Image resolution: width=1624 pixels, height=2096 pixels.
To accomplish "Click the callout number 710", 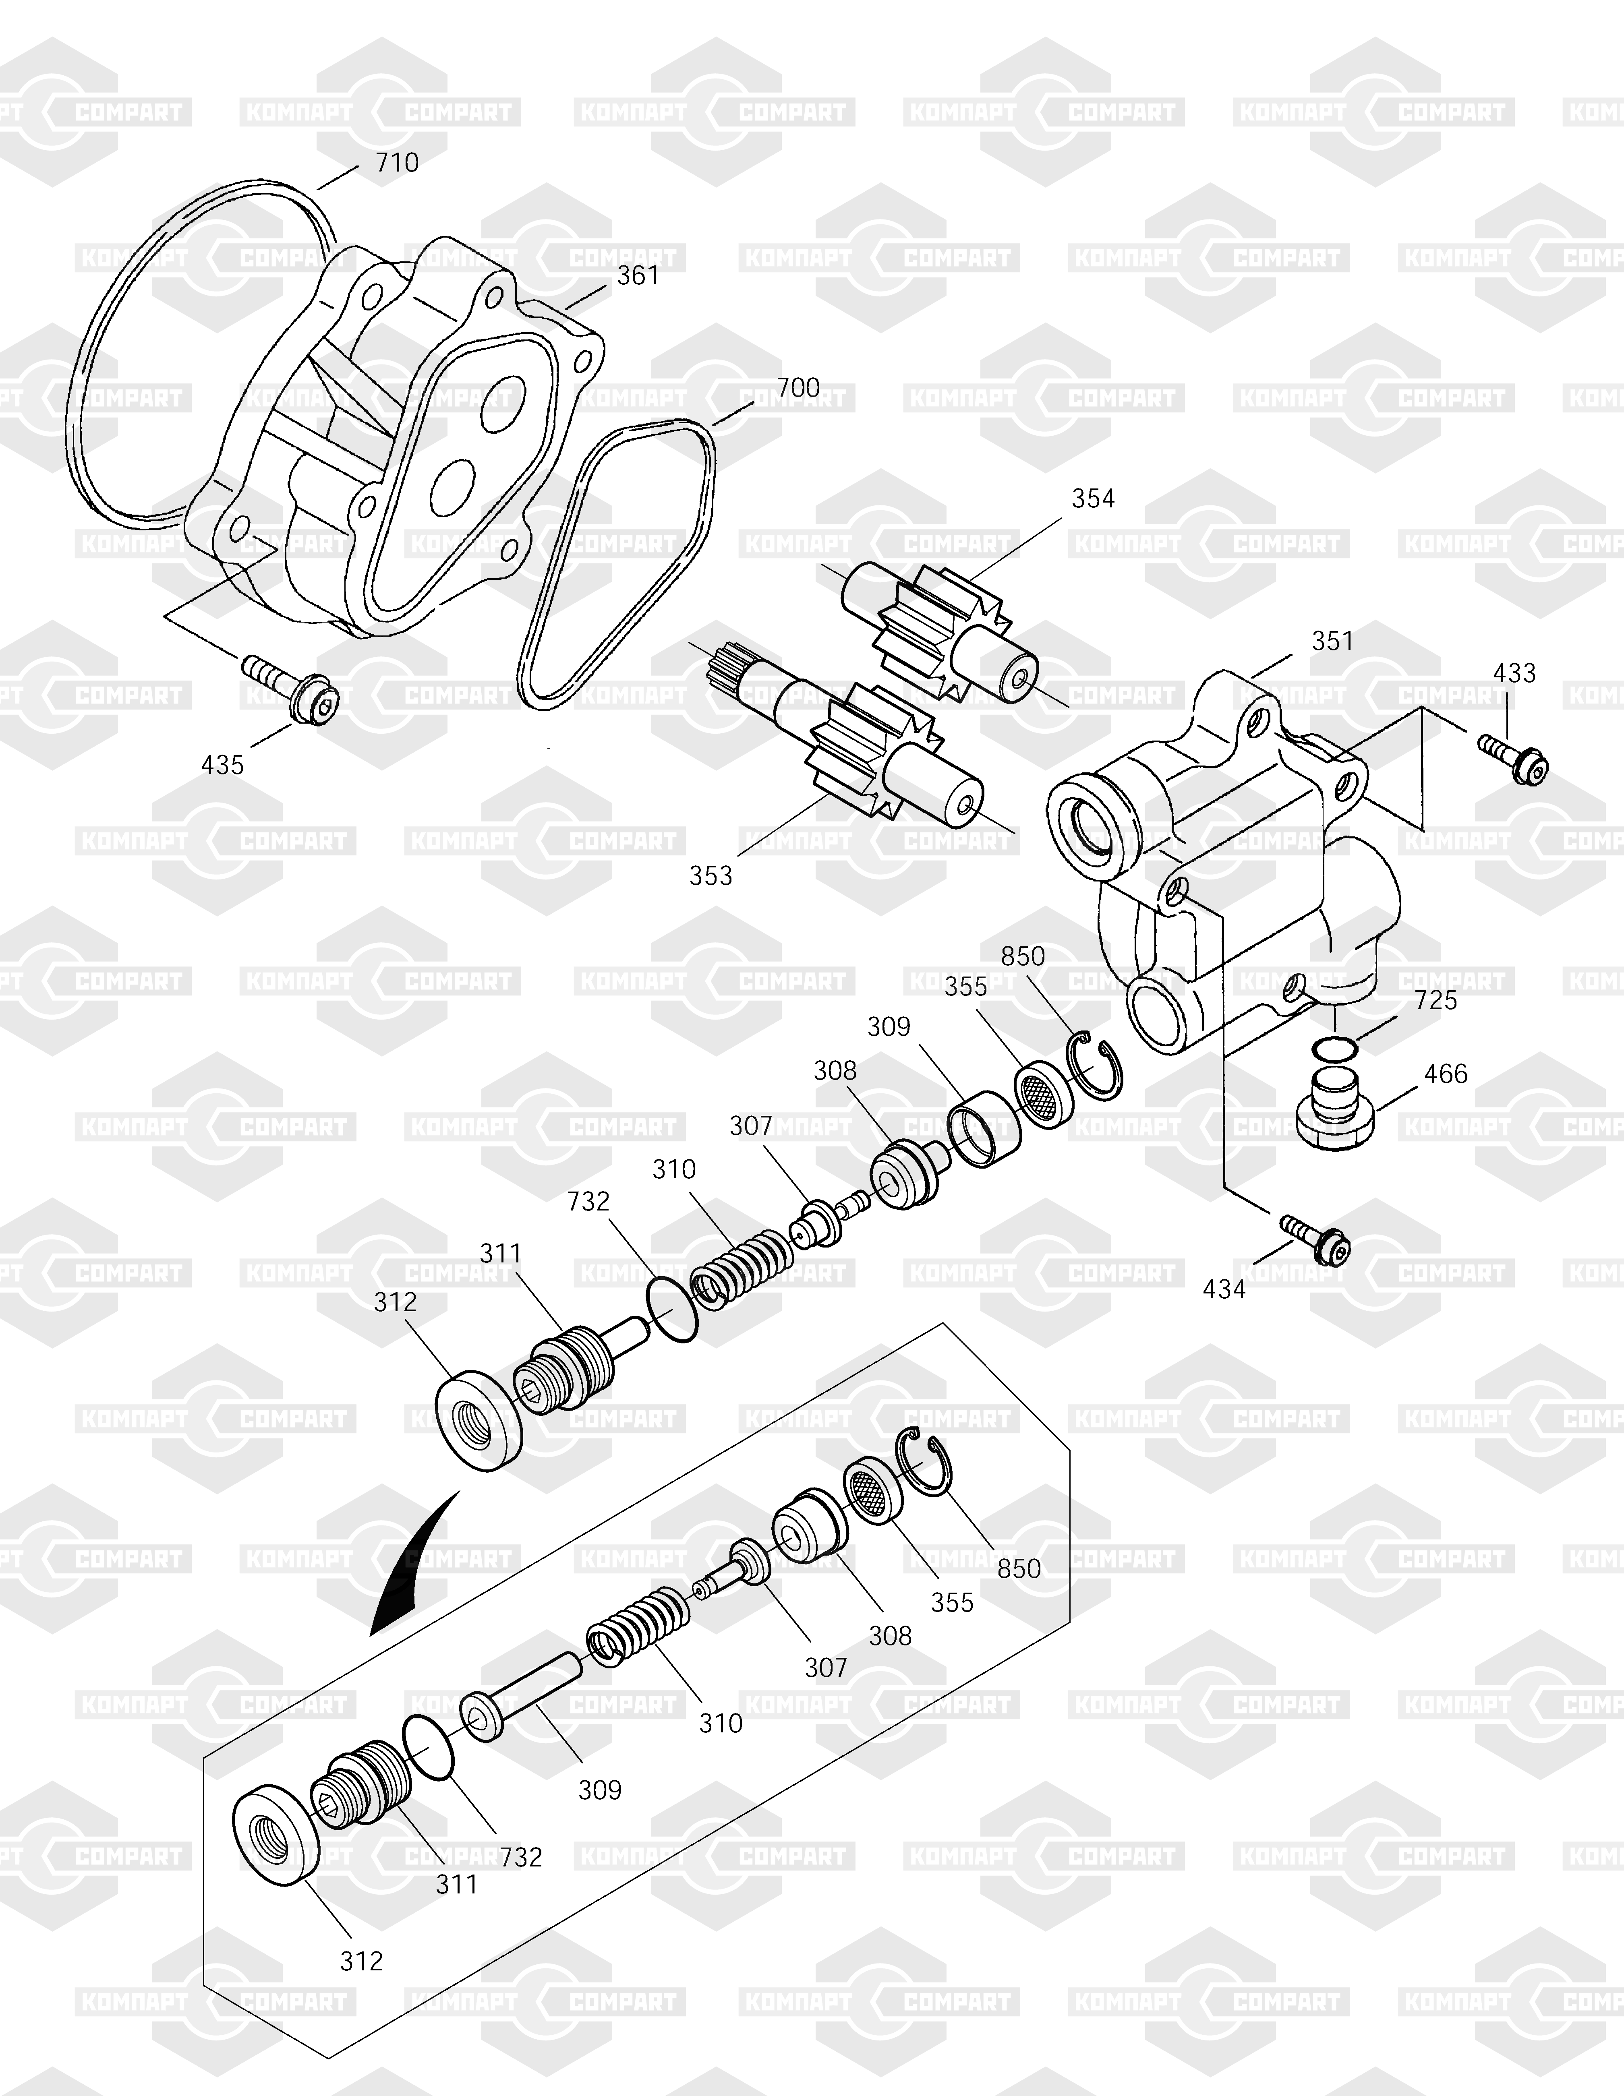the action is click(396, 162).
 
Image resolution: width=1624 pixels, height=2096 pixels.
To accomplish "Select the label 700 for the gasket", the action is click(797, 388).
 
